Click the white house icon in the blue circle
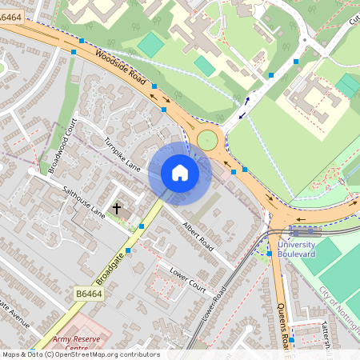point(180,173)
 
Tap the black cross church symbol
point(117,208)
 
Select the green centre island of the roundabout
point(208,141)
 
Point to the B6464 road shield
point(90,295)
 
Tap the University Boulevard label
point(298,249)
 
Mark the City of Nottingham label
point(340,308)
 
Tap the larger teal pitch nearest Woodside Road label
point(150,44)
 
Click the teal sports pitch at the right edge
point(348,85)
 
